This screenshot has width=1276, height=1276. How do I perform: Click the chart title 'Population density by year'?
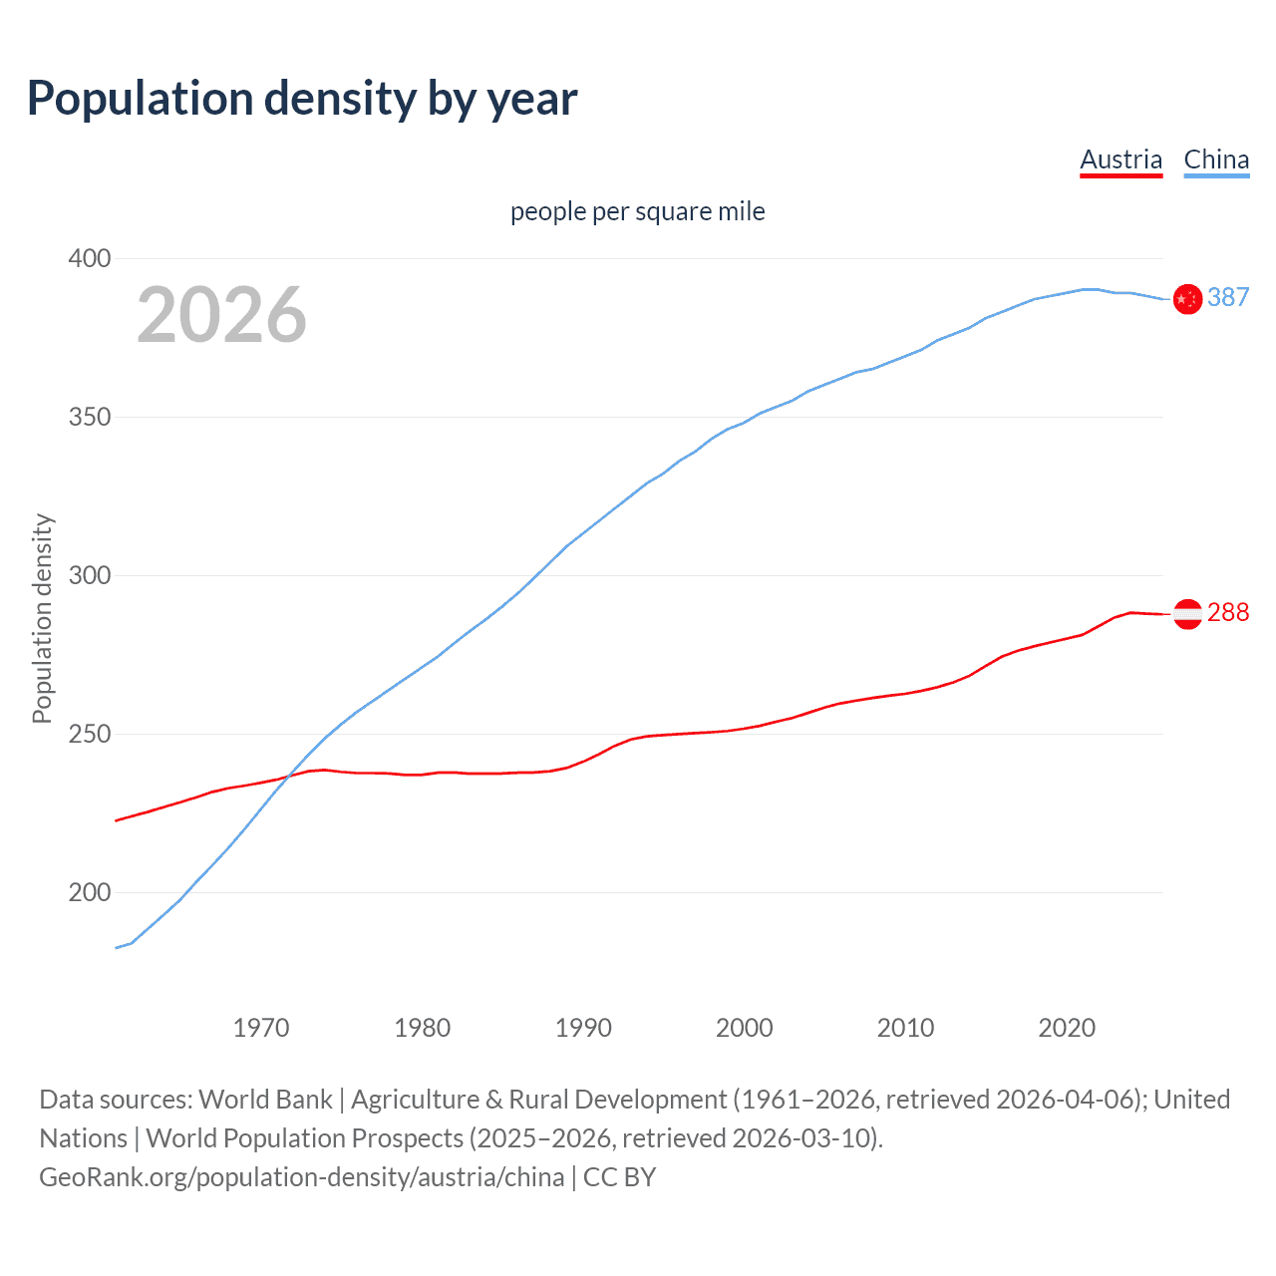point(302,99)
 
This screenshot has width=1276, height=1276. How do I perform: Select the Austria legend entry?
point(1120,159)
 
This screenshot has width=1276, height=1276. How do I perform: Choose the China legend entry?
point(1216,159)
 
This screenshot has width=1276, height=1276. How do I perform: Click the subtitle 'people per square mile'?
point(637,212)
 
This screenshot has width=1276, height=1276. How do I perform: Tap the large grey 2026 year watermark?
point(221,315)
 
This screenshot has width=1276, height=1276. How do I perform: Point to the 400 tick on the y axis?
point(89,258)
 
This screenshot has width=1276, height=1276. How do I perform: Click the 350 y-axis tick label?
point(89,417)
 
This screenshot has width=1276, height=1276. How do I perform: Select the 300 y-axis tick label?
point(89,575)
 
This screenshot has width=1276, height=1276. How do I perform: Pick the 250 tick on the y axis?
point(89,734)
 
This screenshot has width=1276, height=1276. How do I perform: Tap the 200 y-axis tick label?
point(89,892)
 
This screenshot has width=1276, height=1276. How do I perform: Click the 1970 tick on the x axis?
point(261,1028)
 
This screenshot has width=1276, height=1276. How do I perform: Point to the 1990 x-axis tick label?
point(583,1028)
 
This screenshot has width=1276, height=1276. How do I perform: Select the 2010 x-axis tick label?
point(905,1028)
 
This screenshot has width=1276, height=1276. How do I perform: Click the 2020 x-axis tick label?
point(1067,1028)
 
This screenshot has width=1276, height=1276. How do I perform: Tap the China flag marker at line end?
point(1187,298)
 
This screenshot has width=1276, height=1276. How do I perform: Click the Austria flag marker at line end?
point(1187,614)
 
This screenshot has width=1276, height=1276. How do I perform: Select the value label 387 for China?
point(1228,297)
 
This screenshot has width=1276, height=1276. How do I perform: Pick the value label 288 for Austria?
point(1228,612)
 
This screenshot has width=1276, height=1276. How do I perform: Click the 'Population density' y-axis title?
point(42,618)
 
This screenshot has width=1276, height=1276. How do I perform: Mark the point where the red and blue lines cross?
point(288,775)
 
